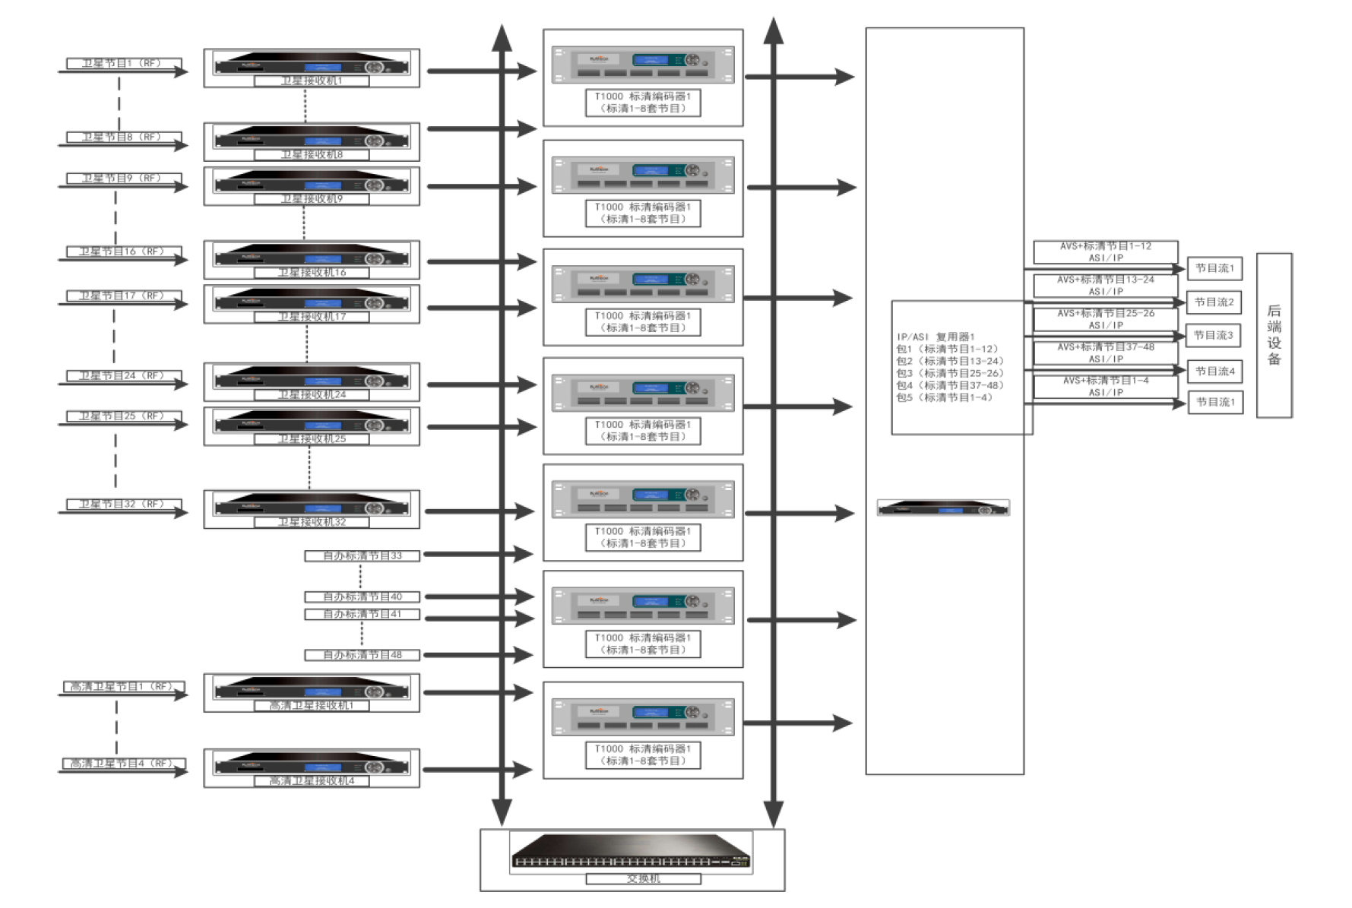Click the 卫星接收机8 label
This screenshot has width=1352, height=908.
[x=312, y=155]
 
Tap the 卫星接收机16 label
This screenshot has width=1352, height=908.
[x=312, y=273]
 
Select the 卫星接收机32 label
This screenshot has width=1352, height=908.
[x=312, y=523]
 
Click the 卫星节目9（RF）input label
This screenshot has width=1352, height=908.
[x=123, y=179]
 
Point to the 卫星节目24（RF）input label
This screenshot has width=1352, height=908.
[x=123, y=376]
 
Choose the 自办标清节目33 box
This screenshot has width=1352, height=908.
[x=362, y=556]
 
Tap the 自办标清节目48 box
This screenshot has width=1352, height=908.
[x=362, y=655]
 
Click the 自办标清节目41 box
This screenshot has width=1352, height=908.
[x=362, y=614]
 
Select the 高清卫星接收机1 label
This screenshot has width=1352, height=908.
[x=312, y=706]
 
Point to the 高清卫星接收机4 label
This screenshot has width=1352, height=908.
[x=312, y=781]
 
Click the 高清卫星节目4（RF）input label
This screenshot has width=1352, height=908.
[x=123, y=764]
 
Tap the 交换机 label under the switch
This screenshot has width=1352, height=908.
[x=643, y=879]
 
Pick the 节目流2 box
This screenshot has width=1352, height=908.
[x=1214, y=302]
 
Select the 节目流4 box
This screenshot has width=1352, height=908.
[x=1214, y=372]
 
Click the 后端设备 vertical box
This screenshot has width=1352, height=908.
[x=1274, y=335]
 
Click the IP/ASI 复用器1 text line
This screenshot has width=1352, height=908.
[x=936, y=337]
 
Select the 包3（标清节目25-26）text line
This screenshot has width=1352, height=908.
[x=949, y=373]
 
